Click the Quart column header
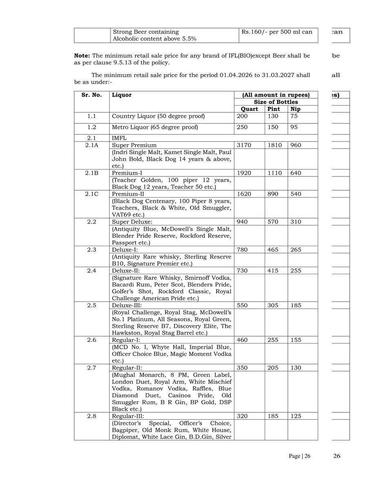click(x=249, y=109)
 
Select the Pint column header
click(x=274, y=109)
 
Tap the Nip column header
click(x=295, y=109)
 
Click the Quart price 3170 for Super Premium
click(x=244, y=145)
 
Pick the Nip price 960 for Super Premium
click(x=296, y=145)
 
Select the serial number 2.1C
click(x=92, y=194)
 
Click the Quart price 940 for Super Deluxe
click(x=242, y=222)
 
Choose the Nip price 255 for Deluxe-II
click(x=296, y=271)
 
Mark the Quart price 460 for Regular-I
click(x=242, y=340)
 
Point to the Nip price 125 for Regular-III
click(x=296, y=416)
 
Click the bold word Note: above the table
click(x=82, y=55)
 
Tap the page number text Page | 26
click(x=299, y=456)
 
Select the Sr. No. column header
click(x=92, y=95)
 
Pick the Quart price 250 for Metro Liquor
click(x=242, y=127)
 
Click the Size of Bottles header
click(x=276, y=102)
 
